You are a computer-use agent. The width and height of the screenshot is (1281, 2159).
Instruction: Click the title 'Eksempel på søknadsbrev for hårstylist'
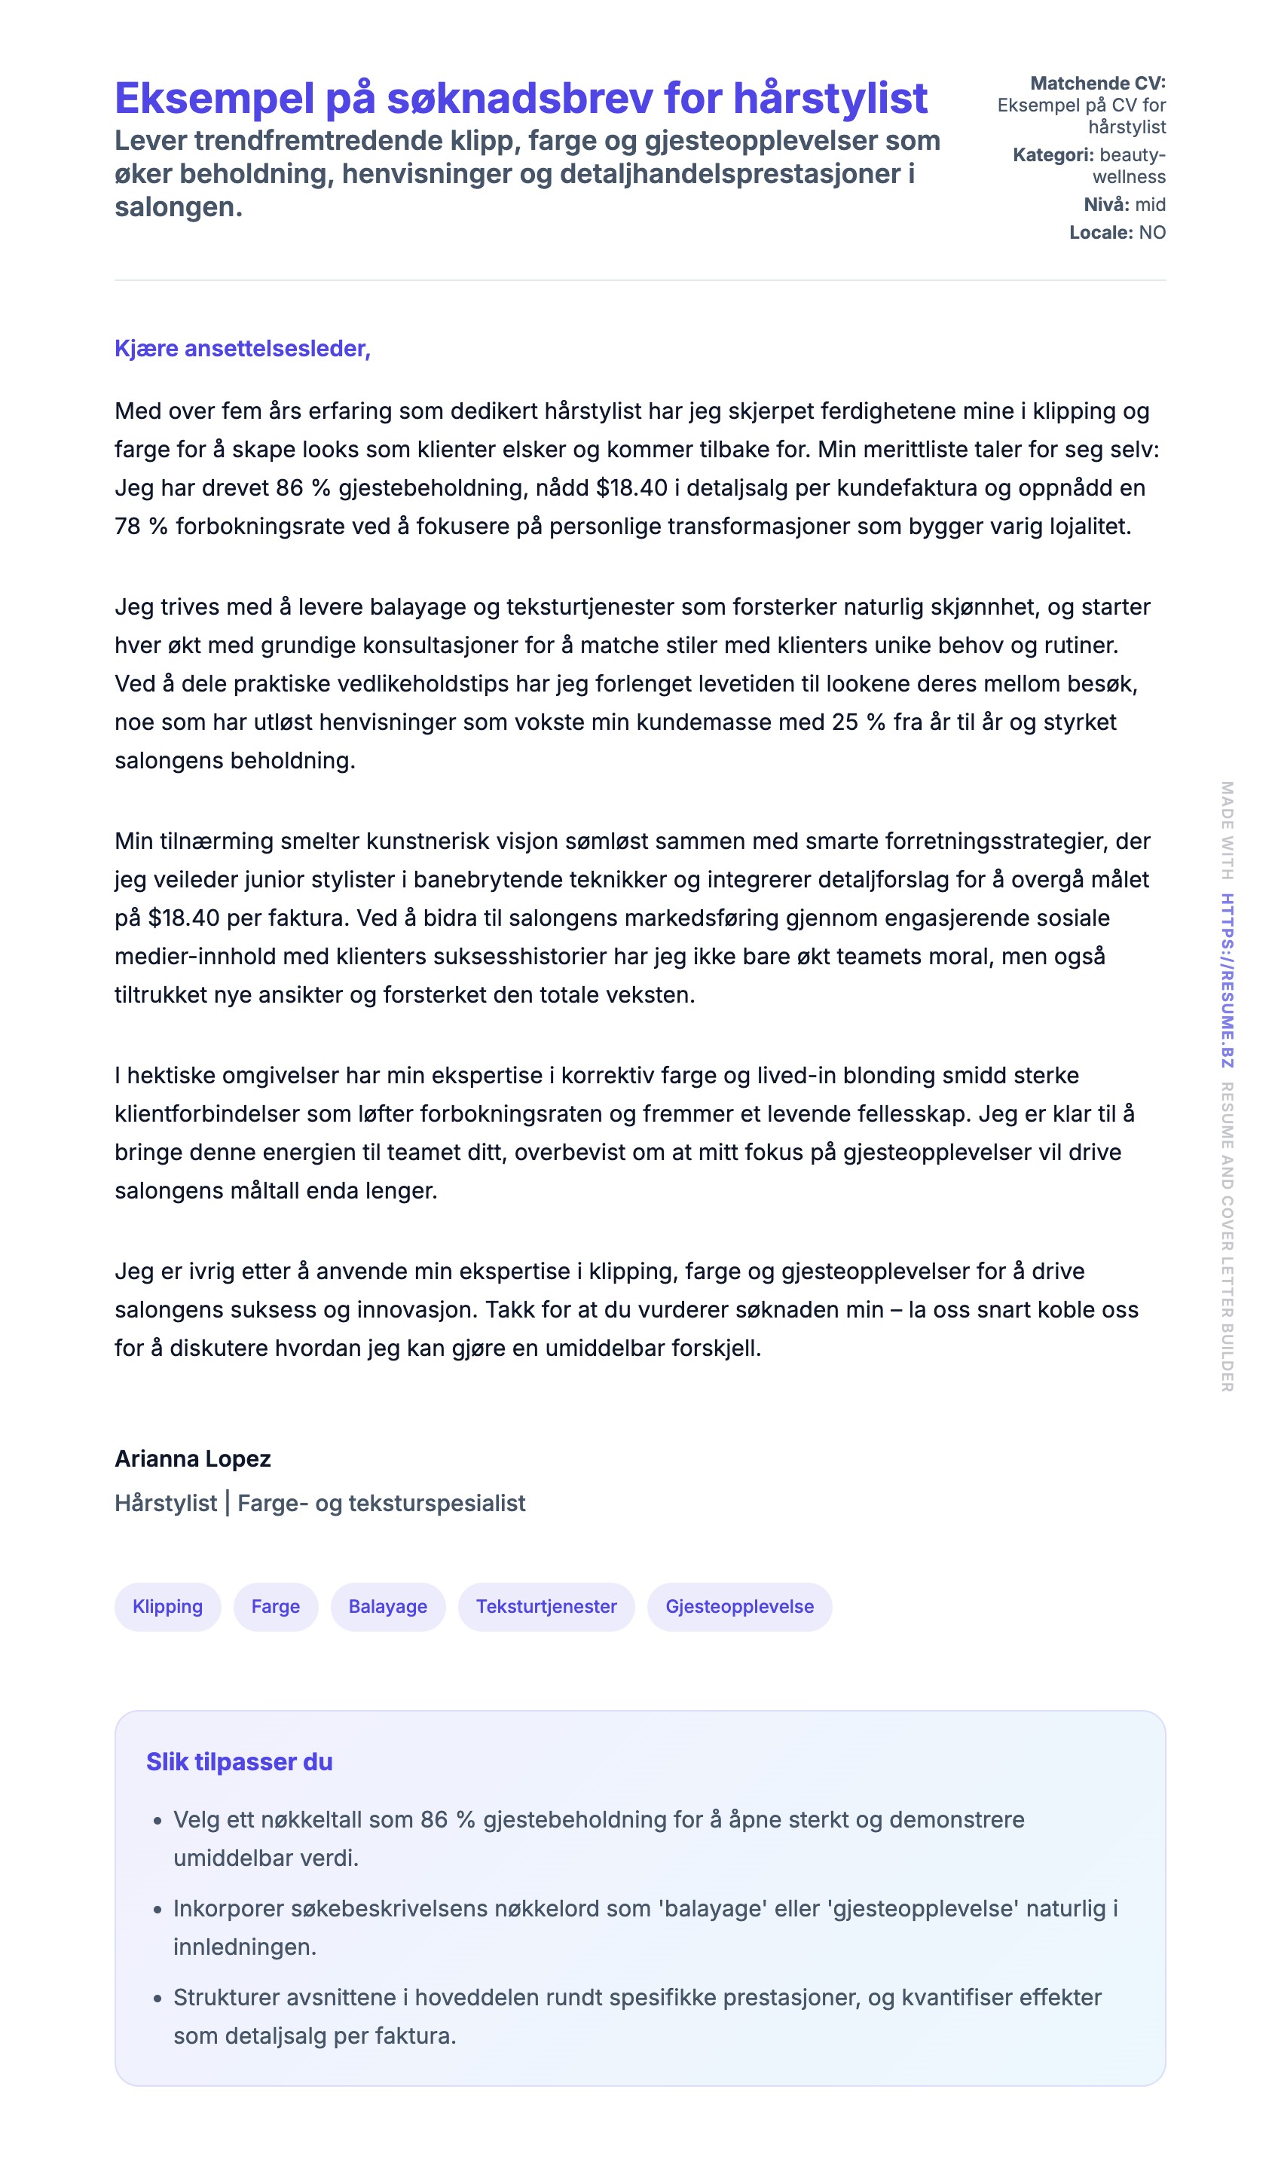(521, 99)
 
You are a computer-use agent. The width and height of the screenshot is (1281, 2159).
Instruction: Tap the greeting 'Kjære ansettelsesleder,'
(243, 349)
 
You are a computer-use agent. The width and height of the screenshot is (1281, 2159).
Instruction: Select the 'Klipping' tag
(167, 1607)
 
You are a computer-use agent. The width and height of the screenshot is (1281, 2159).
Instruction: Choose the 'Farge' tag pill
(275, 1607)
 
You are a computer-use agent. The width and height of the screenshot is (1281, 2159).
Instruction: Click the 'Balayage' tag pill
(387, 1607)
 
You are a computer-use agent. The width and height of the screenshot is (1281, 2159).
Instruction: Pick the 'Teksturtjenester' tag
(546, 1607)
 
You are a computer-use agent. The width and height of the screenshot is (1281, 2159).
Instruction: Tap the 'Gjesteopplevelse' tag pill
(739, 1607)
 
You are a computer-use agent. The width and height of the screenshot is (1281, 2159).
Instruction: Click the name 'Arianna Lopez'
(192, 1458)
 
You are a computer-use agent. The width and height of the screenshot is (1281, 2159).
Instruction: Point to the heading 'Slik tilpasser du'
(239, 1762)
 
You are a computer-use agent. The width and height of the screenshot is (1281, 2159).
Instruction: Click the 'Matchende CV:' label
(1097, 83)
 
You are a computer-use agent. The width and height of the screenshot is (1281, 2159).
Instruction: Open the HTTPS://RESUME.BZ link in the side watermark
(1227, 980)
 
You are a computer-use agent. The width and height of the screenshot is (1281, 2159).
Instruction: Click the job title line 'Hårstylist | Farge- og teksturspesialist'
(319, 1503)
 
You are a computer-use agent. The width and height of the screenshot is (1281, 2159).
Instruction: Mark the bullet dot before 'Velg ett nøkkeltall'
(157, 1822)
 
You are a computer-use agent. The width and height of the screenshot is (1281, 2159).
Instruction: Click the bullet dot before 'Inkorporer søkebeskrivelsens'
(157, 1910)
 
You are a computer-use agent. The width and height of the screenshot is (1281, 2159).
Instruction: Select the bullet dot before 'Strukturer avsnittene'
(157, 1999)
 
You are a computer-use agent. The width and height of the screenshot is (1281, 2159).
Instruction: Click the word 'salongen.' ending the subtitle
(179, 207)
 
